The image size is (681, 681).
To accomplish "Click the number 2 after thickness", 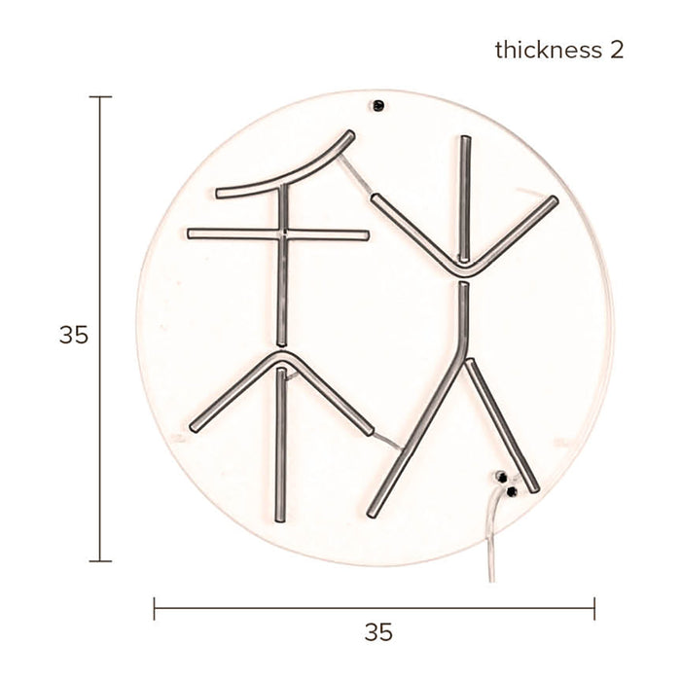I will (x=617, y=50).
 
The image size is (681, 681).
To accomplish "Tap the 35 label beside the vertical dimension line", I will (x=73, y=336).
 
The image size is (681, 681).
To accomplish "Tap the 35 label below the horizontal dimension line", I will (x=378, y=632).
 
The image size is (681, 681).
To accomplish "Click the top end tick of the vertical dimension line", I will (x=100, y=97).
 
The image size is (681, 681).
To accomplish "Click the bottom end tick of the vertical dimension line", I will (x=100, y=561).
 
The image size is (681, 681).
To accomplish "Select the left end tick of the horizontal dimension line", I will (x=155, y=610).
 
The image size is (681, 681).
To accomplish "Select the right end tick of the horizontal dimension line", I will (x=594, y=610).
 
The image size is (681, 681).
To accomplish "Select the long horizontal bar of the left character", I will (x=278, y=234).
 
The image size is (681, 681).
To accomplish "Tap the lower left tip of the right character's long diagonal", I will (x=373, y=511).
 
